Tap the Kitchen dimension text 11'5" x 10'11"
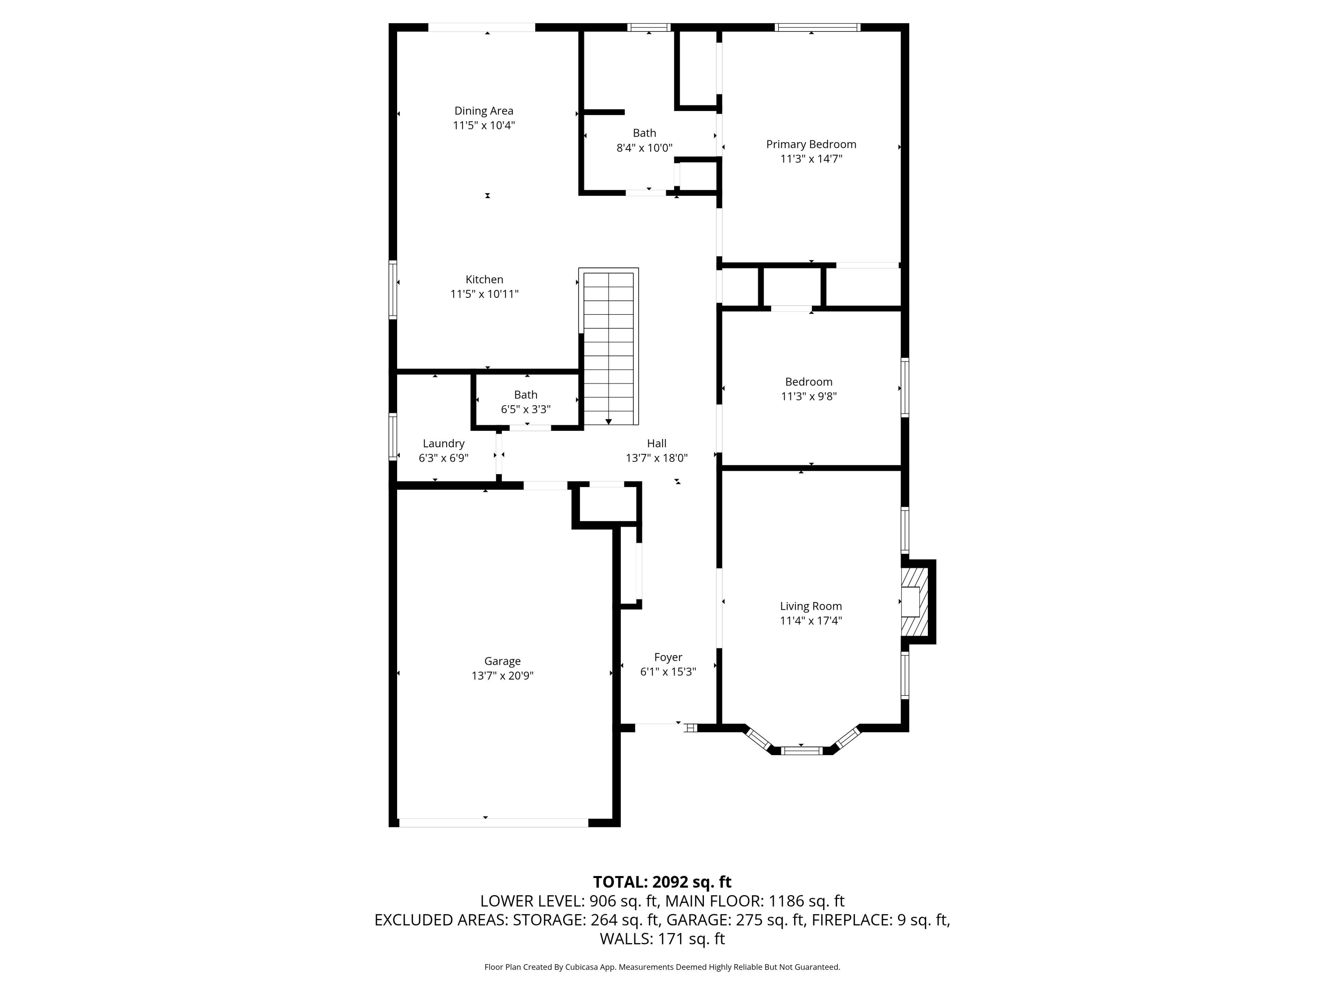(484, 294)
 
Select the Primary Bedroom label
(811, 144)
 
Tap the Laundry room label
(443, 444)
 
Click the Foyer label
(668, 657)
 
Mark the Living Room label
(811, 606)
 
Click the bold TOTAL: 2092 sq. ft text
(662, 882)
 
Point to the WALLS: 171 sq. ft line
(662, 939)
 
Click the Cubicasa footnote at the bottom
(662, 967)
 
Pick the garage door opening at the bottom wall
(493, 823)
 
